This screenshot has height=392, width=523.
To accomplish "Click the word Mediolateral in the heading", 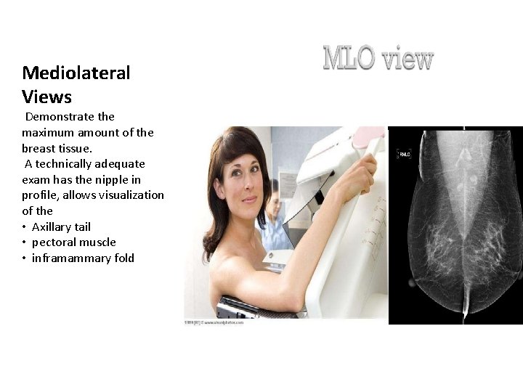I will point(76,73).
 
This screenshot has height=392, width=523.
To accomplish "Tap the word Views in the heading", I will point(47,97).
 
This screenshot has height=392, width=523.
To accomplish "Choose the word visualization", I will point(131,195).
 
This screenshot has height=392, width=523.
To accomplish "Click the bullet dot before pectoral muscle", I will point(25,242).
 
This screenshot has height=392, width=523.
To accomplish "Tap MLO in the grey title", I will point(349,59).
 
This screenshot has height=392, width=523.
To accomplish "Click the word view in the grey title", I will point(408,59).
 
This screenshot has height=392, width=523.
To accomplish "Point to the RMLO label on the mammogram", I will point(403,154).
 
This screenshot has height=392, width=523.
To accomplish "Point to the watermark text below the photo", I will point(214,322).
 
